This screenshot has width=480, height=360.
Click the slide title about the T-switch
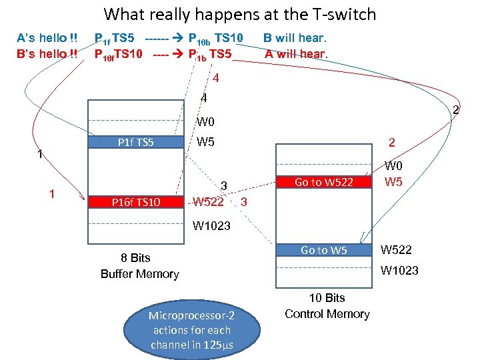coord(240,14)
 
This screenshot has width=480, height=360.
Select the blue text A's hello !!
coord(47,37)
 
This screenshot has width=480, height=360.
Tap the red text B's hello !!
coord(47,53)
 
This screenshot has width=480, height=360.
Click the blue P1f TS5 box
coord(136,141)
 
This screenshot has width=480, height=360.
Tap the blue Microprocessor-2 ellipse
coord(191,330)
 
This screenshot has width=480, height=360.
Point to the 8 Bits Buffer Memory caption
coord(139,265)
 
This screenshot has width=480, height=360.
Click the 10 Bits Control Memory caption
coord(327,306)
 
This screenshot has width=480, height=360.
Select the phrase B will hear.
coord(295,37)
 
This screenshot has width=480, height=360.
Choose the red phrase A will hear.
coord(295,54)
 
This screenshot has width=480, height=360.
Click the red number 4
coord(215,78)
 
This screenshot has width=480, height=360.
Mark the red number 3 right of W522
coord(244,201)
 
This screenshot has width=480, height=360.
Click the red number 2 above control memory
coord(393,142)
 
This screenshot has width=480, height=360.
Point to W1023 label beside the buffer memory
coord(211,225)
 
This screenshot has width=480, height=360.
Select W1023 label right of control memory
coord(399,270)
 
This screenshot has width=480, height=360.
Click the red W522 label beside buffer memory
coord(208,201)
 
